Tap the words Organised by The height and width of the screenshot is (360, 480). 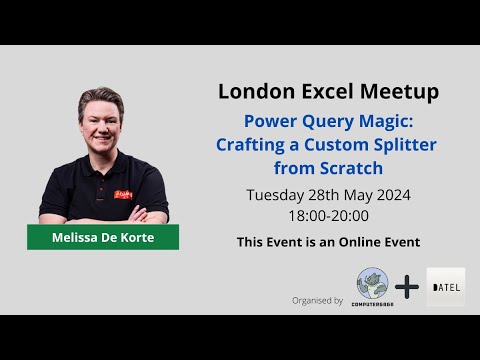pos(318,300)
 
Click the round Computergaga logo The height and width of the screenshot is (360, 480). pos(372,285)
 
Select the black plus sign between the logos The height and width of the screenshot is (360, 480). pos(408,286)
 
